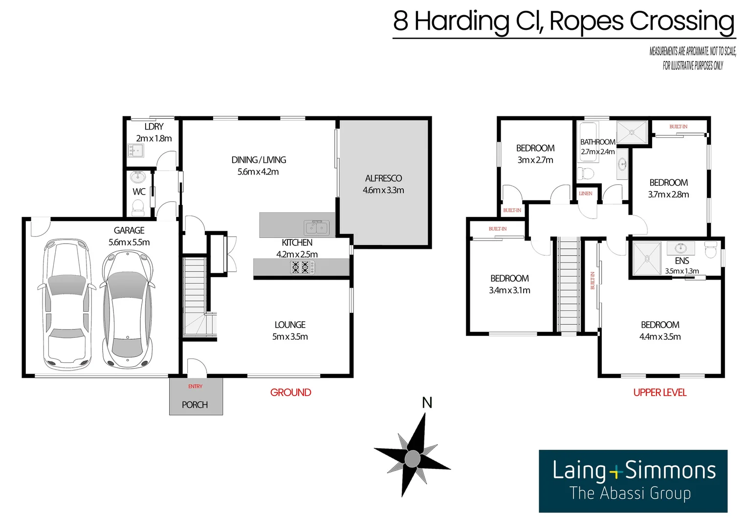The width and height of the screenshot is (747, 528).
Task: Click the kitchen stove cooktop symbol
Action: (x=300, y=267)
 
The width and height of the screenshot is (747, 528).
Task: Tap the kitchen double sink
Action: (x=317, y=227)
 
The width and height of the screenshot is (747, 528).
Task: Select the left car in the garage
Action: (x=67, y=304)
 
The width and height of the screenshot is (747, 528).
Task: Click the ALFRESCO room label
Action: (x=383, y=178)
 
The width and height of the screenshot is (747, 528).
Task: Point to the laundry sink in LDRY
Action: (x=135, y=151)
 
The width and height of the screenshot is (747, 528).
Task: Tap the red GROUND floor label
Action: (x=290, y=393)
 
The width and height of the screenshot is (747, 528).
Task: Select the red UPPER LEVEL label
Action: (x=659, y=393)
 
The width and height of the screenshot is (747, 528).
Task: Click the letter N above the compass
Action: (x=427, y=403)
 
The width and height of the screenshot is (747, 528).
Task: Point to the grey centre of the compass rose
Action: (x=412, y=459)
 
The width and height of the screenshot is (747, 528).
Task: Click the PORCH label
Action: (x=195, y=405)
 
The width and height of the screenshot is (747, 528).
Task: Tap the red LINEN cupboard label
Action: (x=585, y=194)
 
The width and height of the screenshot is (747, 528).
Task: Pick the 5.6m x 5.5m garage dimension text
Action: (x=129, y=242)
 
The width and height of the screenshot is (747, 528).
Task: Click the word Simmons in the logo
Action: (x=670, y=470)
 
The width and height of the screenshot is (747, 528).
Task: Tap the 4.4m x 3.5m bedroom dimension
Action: (x=659, y=337)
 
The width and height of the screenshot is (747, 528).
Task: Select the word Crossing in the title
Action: (x=681, y=22)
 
